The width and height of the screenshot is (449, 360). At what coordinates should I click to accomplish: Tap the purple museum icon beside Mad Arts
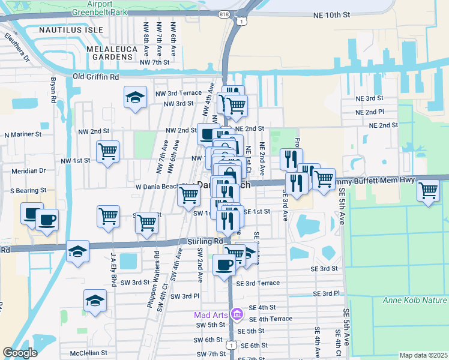237,314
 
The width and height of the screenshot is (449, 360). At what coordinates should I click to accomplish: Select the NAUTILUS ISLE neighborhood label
67,29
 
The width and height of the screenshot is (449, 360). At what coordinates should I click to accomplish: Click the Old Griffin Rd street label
95,77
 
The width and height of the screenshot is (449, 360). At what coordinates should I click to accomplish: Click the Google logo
20,353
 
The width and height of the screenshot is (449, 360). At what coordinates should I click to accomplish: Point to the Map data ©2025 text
423,355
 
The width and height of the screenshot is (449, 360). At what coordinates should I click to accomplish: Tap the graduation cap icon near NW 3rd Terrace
136,97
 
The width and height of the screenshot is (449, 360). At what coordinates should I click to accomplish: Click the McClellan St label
88,353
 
